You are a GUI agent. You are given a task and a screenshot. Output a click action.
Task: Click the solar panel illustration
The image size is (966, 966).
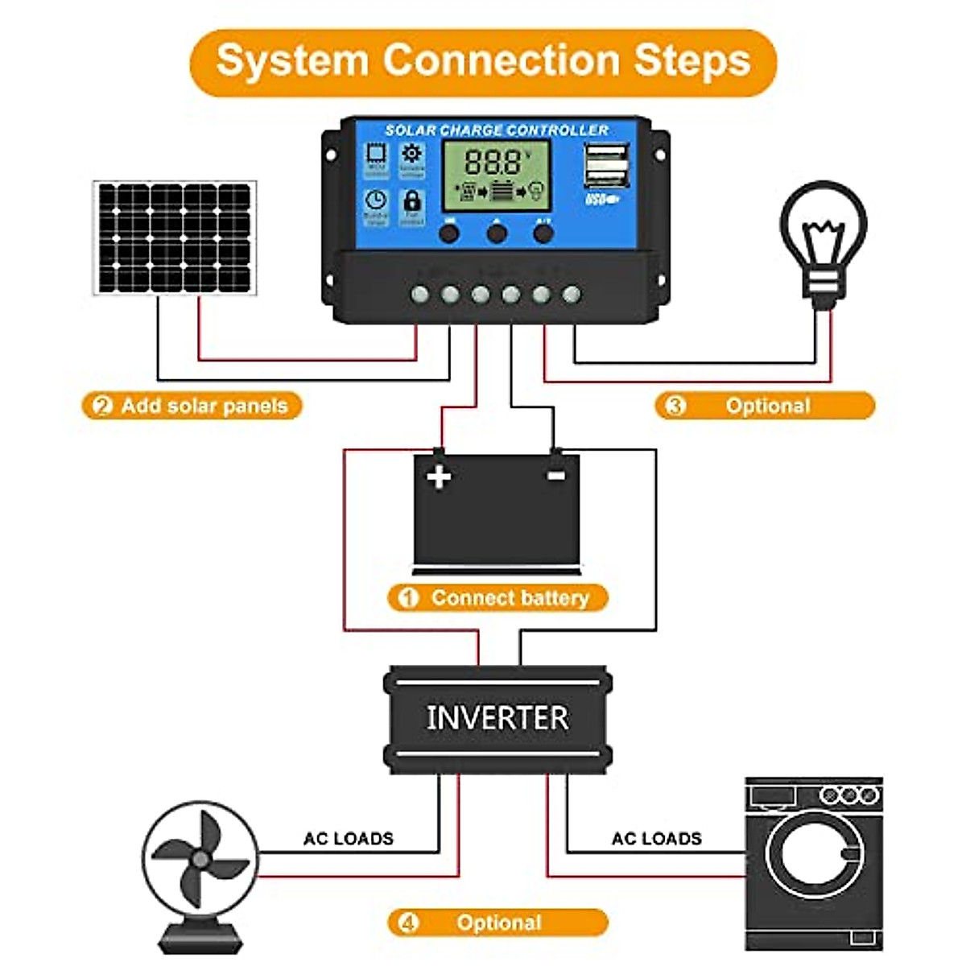[x=175, y=238]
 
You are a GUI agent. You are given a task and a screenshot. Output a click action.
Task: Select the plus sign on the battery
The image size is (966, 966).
[x=439, y=477]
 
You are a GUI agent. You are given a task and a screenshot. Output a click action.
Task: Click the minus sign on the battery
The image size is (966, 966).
[x=555, y=476]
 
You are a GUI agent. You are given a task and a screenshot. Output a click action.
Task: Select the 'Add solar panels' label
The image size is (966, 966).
[x=204, y=406]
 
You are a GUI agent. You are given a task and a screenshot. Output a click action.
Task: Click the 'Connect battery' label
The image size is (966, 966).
[x=510, y=598]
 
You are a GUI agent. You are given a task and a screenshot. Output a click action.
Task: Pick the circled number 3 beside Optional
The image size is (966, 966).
[x=675, y=406]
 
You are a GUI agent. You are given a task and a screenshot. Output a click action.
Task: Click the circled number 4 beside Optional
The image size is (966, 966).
[x=408, y=923]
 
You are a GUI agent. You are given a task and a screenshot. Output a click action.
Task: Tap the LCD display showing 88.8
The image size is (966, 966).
[x=497, y=175]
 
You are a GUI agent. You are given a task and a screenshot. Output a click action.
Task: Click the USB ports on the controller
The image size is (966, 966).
[x=606, y=165]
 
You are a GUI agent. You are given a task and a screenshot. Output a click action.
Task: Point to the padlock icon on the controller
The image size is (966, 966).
[x=411, y=201]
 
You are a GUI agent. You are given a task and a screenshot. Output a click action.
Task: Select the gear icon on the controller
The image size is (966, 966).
[x=411, y=154]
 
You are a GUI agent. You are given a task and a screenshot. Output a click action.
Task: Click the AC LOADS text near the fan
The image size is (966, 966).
[x=348, y=839]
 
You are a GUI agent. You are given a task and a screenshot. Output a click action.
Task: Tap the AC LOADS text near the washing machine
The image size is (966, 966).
[x=656, y=839]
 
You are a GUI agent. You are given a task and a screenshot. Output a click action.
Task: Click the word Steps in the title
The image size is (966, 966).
[x=691, y=61]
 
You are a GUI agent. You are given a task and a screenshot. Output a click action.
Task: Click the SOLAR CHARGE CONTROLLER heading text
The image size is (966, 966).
[x=496, y=130]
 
